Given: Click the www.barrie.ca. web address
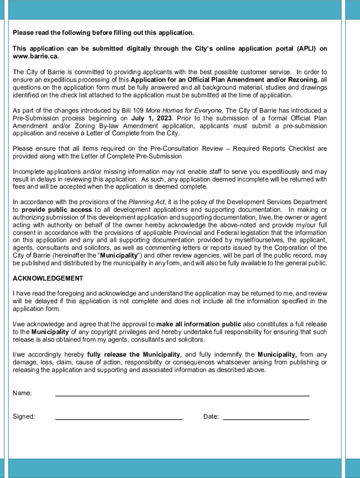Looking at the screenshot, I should pos(36,56).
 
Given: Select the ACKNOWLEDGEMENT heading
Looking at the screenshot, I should pos(48,279).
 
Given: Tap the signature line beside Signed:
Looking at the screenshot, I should pos(119,418).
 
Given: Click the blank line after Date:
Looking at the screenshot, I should pos(266,418).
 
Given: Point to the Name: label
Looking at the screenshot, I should pos(22,393).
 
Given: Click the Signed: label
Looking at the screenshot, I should pos(24,417).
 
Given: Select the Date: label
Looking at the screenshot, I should pos(211,417).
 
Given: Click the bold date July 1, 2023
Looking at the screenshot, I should pos(151,118).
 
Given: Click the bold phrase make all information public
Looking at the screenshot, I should pos(199,324).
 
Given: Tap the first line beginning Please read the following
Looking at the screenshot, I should pos(103,33).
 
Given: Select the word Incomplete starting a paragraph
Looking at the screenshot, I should pos(29,172).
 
